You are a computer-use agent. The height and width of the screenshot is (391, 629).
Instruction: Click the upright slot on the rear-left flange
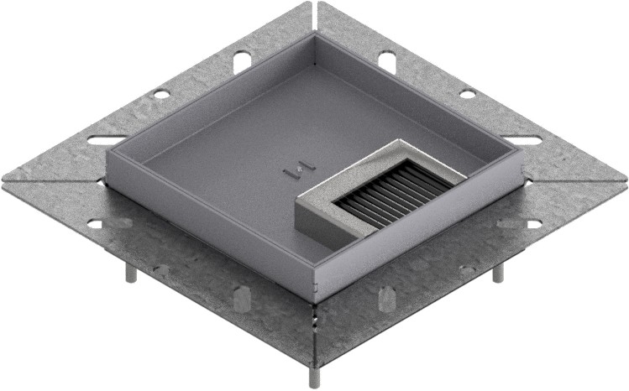click(242, 60)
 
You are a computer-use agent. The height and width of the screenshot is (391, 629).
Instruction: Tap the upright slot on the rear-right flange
click(386, 60)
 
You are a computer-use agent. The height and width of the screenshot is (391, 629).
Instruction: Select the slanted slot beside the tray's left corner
click(107, 140)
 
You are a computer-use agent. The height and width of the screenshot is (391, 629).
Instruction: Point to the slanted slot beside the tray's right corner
click(529, 138)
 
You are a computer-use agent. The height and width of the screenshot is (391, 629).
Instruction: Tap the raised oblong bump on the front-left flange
click(241, 299)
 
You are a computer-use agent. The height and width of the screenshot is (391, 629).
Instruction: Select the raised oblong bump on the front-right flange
click(386, 299)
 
